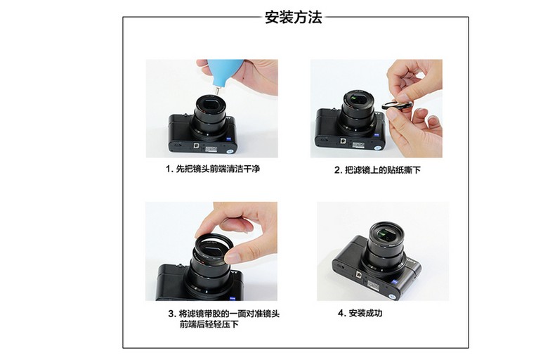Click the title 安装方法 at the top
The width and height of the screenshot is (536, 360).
(x=294, y=17)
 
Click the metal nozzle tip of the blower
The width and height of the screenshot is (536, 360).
(x=217, y=91)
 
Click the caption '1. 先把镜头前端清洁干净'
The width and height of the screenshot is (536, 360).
(x=213, y=169)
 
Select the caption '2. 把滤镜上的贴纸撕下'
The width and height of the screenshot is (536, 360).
(x=377, y=170)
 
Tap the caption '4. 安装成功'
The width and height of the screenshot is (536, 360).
(x=360, y=313)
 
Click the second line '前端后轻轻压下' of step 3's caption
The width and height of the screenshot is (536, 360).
(x=209, y=324)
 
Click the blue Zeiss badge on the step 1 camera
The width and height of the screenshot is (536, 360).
(x=230, y=139)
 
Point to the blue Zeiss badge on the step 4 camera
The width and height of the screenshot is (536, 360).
(x=395, y=282)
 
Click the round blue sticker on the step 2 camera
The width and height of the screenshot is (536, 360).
(x=378, y=148)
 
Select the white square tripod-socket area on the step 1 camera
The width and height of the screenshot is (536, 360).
(x=196, y=145)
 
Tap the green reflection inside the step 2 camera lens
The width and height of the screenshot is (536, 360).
(x=355, y=100)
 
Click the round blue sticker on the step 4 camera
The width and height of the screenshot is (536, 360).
(x=394, y=296)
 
